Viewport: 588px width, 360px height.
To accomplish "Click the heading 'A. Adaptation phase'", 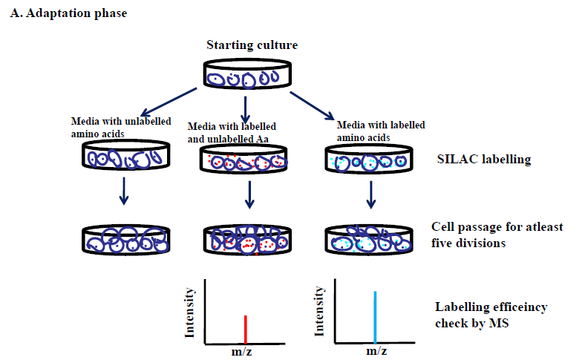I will point(62,14).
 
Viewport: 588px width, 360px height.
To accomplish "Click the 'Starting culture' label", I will point(252,45).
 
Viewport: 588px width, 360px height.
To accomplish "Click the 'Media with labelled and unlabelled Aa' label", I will point(237,131).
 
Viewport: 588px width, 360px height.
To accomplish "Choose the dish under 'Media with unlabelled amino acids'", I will point(124,159).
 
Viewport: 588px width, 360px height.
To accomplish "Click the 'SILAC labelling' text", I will point(482,160).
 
